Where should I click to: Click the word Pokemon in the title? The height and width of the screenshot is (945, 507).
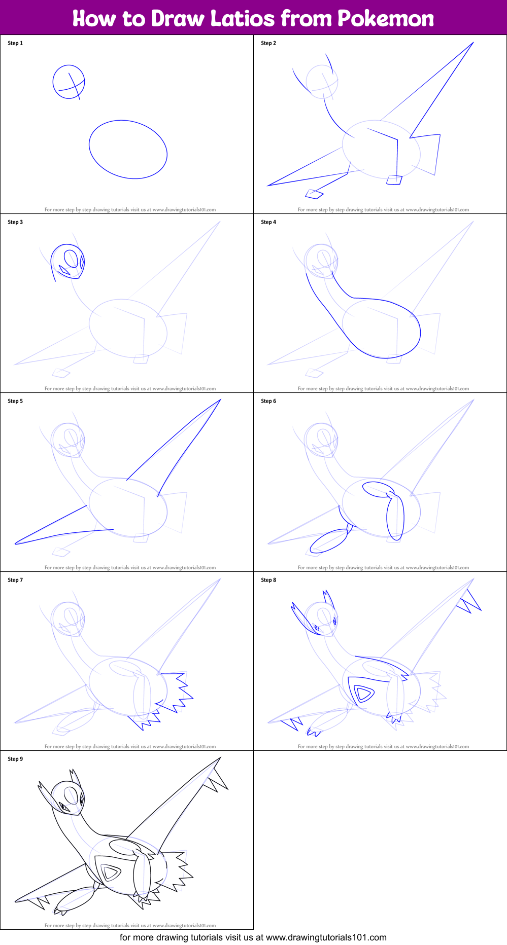coord(386,19)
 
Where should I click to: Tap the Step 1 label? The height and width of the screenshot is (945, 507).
coord(15,43)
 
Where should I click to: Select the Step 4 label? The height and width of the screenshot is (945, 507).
coord(268,222)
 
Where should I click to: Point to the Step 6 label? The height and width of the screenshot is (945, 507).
coord(268,401)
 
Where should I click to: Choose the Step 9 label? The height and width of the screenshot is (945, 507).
coord(15,759)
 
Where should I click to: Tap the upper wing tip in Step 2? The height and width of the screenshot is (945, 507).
coord(473,43)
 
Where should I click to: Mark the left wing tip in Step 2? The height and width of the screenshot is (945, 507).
coord(268,186)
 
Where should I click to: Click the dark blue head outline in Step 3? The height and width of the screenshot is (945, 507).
coord(67,245)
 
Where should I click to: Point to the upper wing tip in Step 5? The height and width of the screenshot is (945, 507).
coord(220,399)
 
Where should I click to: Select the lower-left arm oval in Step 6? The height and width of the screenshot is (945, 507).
coord(328,541)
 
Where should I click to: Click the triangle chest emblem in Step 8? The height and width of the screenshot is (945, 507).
coord(364,693)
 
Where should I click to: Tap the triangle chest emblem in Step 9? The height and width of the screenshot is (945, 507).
coord(110,873)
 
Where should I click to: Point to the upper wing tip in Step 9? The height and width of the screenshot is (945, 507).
coord(220,757)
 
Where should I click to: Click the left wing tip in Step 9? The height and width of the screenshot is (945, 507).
coord(16,901)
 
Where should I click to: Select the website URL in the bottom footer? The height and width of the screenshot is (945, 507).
coord(326,937)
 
